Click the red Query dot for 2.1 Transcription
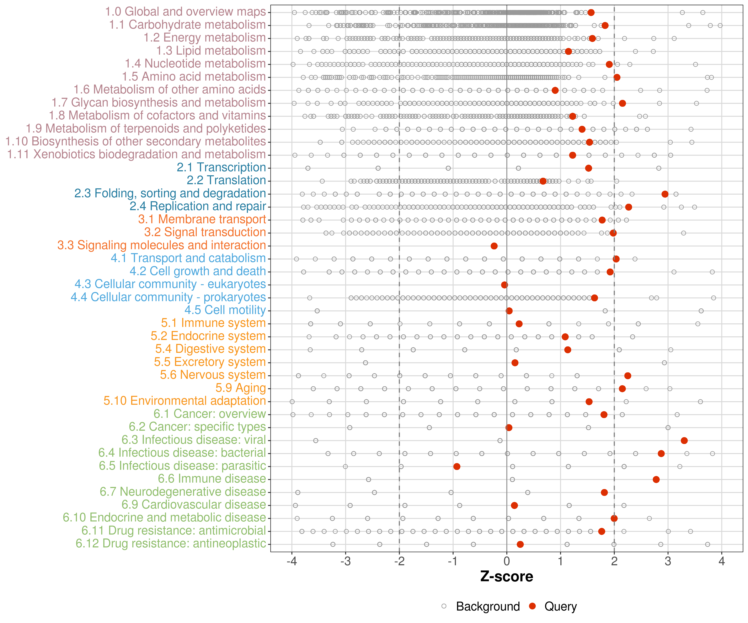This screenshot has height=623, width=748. point(588,168)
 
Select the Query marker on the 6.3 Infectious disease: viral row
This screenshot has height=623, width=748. point(684,440)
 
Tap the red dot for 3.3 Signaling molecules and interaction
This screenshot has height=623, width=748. point(494,246)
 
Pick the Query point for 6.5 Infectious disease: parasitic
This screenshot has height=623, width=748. point(457,466)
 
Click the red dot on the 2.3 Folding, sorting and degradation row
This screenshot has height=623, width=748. point(665,194)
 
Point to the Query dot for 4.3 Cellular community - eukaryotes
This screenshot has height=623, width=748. point(504,285)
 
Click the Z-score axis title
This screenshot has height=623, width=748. point(507,577)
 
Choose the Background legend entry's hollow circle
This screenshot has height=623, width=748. point(444,606)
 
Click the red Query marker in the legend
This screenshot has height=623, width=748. point(533,606)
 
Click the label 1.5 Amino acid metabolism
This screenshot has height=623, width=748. point(194,77)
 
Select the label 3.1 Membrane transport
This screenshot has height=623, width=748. point(202,219)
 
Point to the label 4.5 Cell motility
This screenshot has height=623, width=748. point(225,310)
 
